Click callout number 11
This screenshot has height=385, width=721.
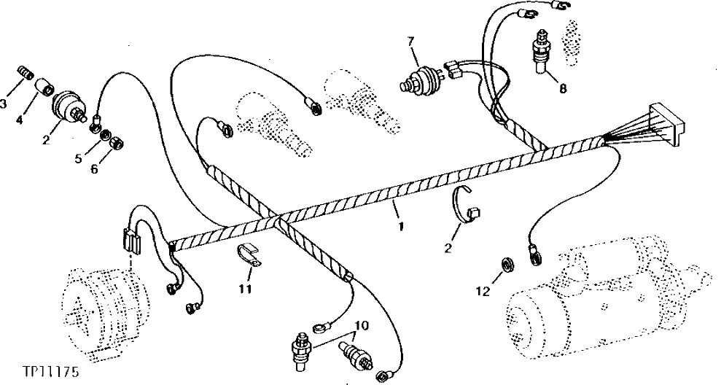[x=246, y=289]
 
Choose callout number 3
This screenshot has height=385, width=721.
[x=4, y=104]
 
